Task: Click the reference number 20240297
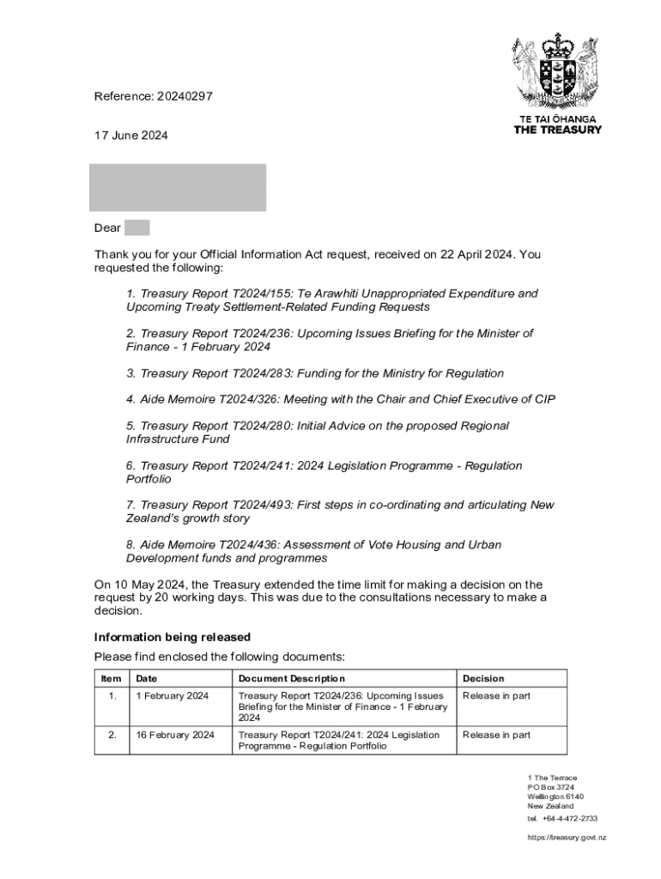tap(184, 96)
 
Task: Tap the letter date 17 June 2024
tap(131, 135)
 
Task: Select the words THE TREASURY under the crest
tap(557, 130)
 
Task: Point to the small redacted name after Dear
tap(136, 227)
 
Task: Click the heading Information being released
tap(172, 637)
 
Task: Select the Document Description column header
tap(292, 678)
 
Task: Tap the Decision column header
tap(483, 678)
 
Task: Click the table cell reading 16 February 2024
tap(175, 735)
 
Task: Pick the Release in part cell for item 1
tap(496, 695)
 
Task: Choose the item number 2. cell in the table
tap(112, 735)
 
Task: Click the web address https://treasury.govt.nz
tap(567, 837)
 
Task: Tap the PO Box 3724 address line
tap(551, 787)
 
